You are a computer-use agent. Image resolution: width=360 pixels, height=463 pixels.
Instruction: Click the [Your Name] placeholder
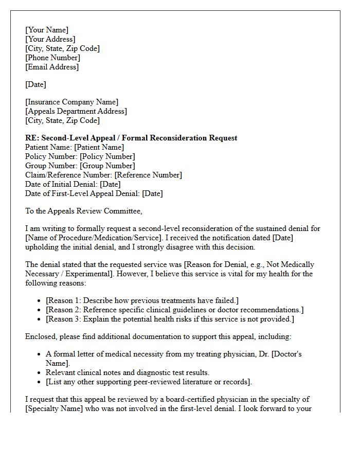click(x=47, y=30)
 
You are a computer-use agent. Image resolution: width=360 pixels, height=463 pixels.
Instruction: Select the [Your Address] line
click(x=50, y=39)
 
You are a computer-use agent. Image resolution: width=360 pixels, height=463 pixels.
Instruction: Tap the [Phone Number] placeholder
click(x=52, y=58)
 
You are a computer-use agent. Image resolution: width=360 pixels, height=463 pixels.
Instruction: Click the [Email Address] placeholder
click(x=52, y=67)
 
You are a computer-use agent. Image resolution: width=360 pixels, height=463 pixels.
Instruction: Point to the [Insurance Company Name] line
click(x=71, y=102)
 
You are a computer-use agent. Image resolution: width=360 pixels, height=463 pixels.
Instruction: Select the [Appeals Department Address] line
click(x=76, y=111)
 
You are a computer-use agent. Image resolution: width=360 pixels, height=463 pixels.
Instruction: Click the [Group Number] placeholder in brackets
click(x=107, y=166)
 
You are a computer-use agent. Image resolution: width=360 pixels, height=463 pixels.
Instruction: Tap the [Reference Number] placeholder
click(x=148, y=175)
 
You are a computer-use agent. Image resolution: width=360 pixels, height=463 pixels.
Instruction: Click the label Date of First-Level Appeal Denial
click(x=82, y=193)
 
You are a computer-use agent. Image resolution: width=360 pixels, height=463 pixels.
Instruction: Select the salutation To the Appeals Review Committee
click(x=83, y=211)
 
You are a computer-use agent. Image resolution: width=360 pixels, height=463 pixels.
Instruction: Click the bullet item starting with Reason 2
click(x=174, y=310)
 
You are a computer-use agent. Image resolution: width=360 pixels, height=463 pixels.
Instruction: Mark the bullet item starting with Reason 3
click(x=170, y=319)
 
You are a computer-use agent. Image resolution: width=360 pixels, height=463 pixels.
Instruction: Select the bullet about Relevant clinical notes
click(x=128, y=372)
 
